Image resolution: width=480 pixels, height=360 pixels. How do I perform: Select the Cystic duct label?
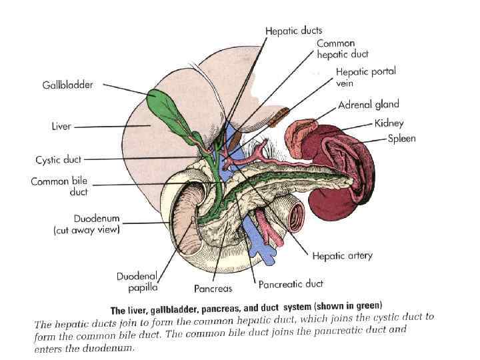(59, 160)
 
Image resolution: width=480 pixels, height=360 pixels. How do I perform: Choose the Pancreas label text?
(213, 289)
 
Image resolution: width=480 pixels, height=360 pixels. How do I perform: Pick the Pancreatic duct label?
(291, 283)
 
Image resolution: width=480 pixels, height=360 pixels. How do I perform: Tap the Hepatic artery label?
(342, 255)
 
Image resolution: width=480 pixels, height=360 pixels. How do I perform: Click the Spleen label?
(402, 139)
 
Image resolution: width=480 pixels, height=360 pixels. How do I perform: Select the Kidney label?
(389, 123)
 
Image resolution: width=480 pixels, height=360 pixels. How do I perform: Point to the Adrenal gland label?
(369, 105)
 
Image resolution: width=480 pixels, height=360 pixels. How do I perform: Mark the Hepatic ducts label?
(293, 31)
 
